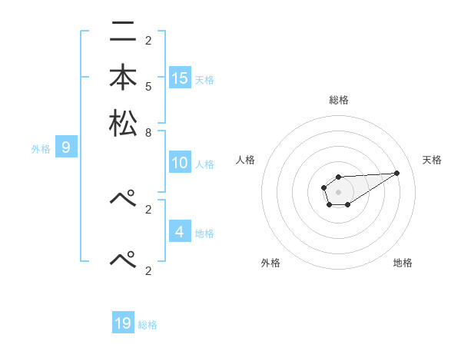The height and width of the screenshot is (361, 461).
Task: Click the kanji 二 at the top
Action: tap(123, 32)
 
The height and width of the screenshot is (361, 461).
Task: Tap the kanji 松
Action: tap(123, 123)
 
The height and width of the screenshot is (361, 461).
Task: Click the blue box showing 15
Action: tap(181, 78)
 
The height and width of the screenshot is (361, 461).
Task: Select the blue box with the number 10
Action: tap(181, 163)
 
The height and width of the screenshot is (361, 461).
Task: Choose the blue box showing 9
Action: tap(66, 147)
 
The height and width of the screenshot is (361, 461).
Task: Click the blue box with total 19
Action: tap(123, 323)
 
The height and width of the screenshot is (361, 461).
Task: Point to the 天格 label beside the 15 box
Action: tap(204, 79)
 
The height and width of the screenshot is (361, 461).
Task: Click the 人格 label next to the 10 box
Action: tap(204, 164)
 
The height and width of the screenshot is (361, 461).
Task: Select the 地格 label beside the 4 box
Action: tap(204, 233)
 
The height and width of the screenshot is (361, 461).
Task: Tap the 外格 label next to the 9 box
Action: tap(41, 149)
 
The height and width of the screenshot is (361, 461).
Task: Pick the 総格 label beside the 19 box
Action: tap(148, 326)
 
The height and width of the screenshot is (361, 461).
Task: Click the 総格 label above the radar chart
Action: tap(338, 100)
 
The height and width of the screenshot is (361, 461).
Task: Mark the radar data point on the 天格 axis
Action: tap(397, 173)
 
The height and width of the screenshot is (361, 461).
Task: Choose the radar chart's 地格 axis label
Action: tap(403, 263)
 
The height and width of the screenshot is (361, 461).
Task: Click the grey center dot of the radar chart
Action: tap(338, 190)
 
